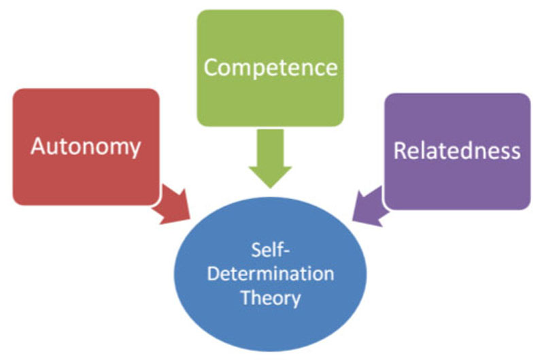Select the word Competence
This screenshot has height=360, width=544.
point(271,67)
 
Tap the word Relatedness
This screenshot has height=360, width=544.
point(457,150)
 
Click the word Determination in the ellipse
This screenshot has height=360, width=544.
point(271,275)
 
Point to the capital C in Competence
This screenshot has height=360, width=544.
point(211,67)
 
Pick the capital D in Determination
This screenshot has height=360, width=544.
point(212,275)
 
